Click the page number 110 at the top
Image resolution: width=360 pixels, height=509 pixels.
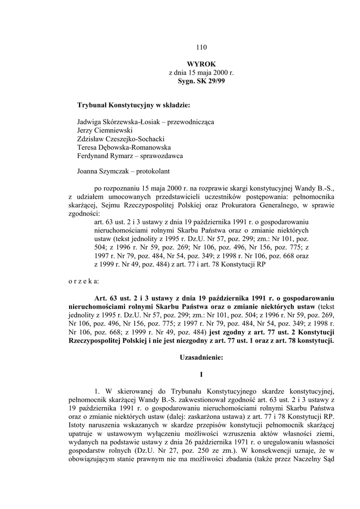[x=201, y=48]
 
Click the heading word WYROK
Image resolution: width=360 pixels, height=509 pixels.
[x=201, y=64]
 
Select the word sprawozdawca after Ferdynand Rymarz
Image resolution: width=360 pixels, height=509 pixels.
[x=163, y=156]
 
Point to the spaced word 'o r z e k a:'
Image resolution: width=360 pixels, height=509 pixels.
[x=84, y=281]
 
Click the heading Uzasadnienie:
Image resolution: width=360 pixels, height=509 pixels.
[x=201, y=357]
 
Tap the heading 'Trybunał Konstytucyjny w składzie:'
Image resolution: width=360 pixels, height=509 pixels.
[x=134, y=105]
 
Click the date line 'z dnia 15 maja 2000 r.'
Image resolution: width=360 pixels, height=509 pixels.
[x=201, y=72]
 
